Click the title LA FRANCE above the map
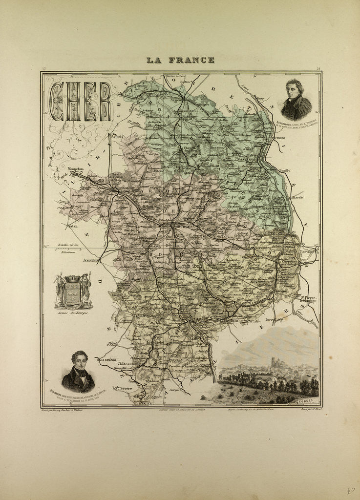coord(180,60)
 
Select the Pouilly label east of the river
coord(284,170)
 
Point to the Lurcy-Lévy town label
coord(275,320)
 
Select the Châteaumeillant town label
coord(129,364)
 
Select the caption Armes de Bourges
coord(73,312)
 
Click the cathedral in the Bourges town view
coord(275,362)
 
